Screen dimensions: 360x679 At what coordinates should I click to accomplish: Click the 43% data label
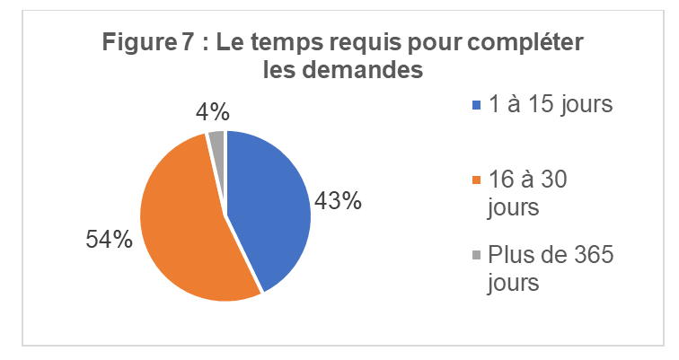point(337,202)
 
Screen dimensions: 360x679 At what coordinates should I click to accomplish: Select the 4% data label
point(213,112)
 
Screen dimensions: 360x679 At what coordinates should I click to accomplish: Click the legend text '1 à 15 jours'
point(550,104)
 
